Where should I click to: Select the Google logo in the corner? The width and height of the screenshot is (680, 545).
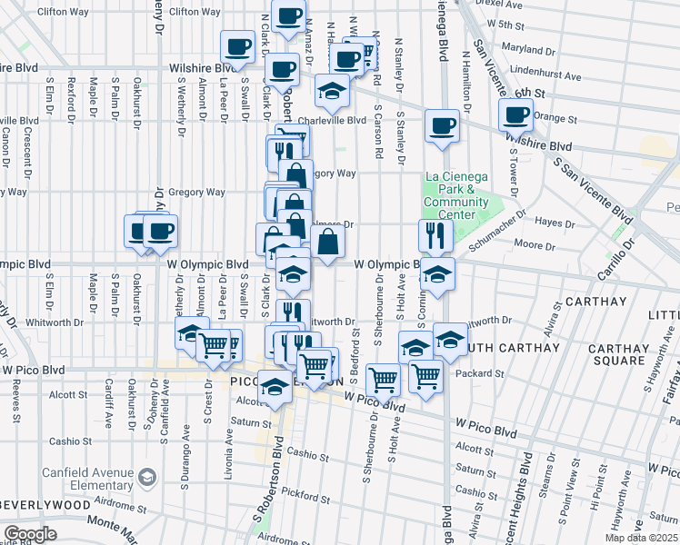[x=29, y=534]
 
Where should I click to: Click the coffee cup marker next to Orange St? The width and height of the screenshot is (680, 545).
[x=516, y=114]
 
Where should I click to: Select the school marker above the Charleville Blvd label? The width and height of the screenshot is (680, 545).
[x=333, y=90]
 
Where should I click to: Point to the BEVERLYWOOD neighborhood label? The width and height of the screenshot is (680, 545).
[x=45, y=503]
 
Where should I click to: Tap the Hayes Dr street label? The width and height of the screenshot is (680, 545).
[x=556, y=222]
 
